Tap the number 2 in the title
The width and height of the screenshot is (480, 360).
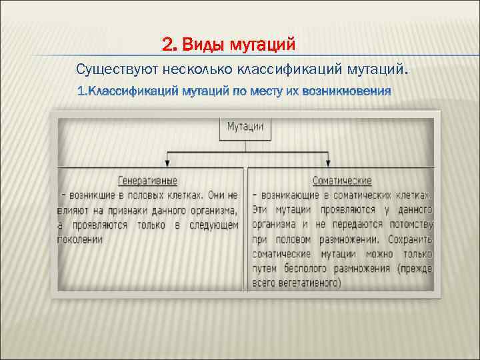(167, 45)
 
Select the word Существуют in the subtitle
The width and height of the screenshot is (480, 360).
(109, 69)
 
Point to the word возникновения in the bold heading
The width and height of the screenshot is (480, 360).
(347, 89)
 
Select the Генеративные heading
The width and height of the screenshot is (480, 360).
(147, 181)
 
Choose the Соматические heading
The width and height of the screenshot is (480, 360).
(342, 181)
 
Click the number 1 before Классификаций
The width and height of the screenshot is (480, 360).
(81, 89)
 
